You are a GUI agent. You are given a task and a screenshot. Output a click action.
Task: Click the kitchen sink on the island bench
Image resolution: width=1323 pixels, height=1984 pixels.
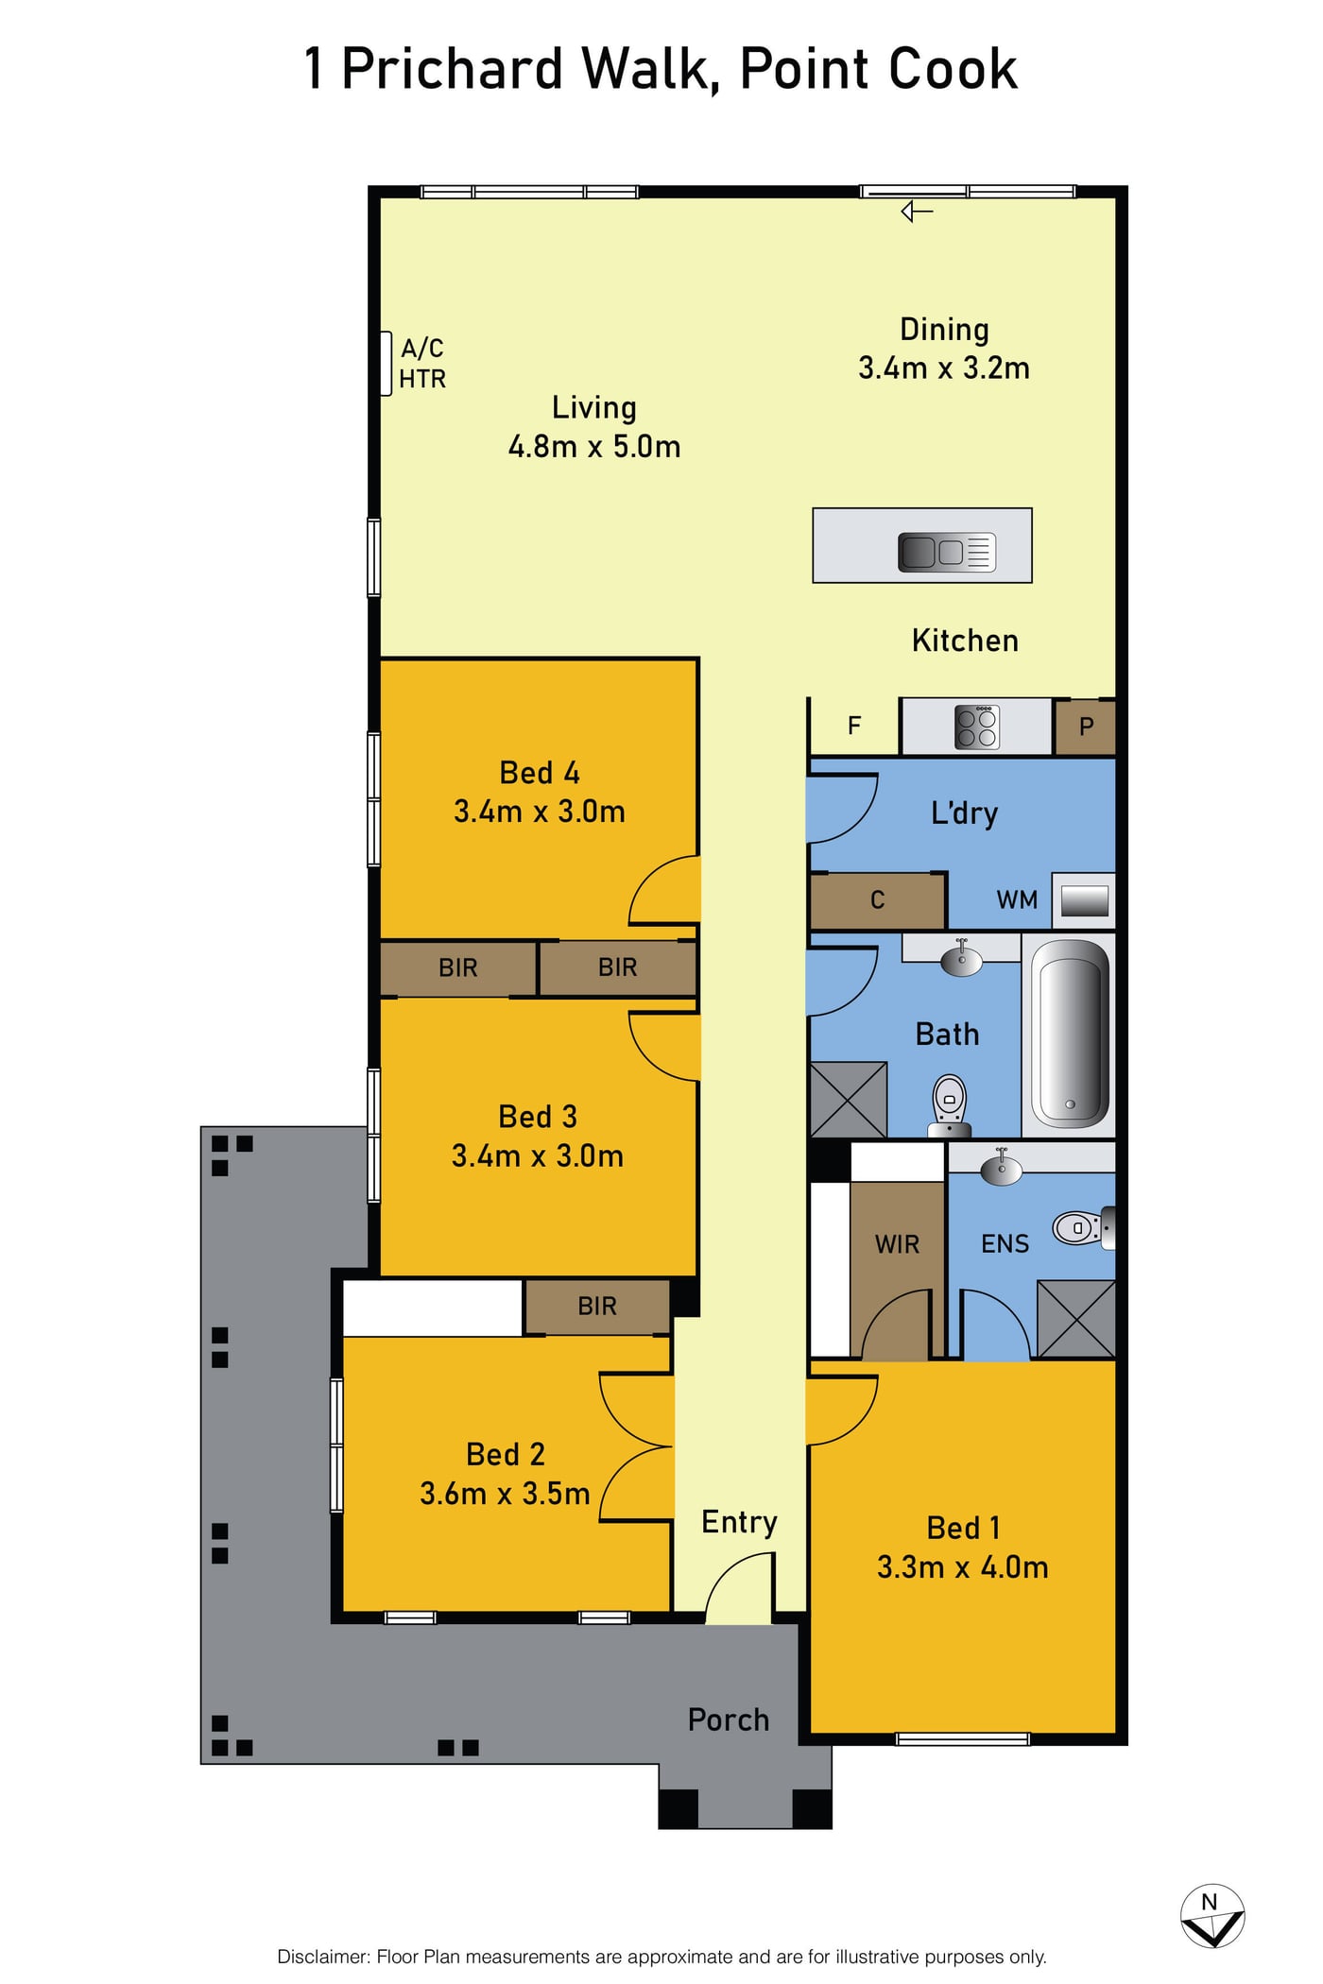click(947, 552)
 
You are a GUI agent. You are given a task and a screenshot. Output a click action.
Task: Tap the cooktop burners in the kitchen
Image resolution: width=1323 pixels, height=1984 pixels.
click(976, 727)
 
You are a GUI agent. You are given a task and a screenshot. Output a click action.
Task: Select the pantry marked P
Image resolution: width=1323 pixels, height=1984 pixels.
click(1085, 727)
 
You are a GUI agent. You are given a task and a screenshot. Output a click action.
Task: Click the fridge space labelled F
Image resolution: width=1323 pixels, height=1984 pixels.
click(854, 726)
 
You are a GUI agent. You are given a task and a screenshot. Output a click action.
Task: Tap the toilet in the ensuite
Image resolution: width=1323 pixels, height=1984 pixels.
click(1084, 1228)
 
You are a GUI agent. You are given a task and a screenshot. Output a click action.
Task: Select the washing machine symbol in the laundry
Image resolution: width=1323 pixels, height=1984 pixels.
click(1084, 900)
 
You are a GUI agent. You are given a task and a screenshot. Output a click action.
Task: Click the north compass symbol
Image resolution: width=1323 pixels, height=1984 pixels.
click(1211, 1918)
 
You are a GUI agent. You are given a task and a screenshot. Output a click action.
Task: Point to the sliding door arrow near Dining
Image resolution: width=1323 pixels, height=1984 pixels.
click(917, 212)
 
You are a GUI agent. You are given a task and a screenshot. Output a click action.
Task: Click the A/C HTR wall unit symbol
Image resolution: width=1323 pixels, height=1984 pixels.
click(386, 363)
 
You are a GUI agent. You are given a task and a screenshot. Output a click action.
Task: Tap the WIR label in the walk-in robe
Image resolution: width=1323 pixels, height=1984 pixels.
click(897, 1244)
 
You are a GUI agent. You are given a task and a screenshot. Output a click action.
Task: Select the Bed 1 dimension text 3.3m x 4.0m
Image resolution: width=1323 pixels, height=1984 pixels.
click(962, 1567)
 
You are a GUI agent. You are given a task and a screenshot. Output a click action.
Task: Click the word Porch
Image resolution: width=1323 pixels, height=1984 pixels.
click(728, 1720)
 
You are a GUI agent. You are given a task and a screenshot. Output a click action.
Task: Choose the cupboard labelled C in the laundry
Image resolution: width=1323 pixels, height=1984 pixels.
click(878, 900)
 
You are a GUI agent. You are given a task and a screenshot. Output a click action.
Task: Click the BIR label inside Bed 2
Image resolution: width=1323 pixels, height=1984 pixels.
click(596, 1307)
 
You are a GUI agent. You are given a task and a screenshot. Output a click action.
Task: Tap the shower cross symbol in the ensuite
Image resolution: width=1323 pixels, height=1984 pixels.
click(1076, 1319)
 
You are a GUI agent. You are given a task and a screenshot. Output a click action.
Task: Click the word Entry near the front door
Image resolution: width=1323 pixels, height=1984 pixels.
click(739, 1523)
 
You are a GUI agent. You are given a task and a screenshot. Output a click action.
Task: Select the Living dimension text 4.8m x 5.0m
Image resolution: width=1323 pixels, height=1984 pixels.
click(594, 446)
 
